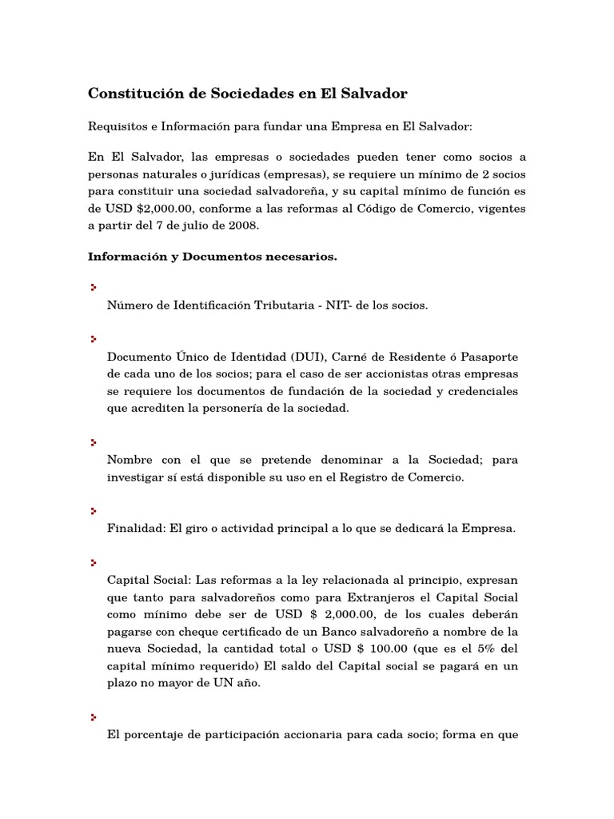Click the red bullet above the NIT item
94,286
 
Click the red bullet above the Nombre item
94,441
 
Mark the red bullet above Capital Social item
94,561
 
